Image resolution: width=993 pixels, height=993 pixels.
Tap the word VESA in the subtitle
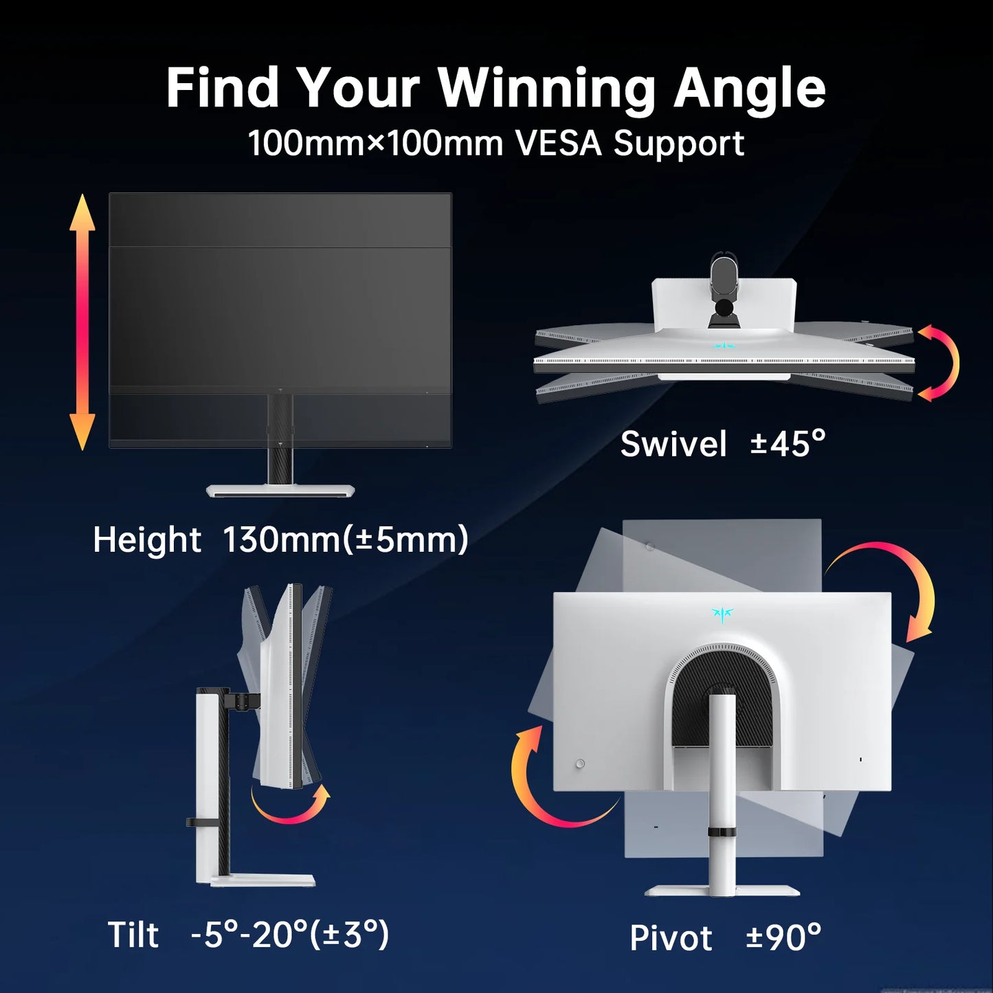pyautogui.click(x=558, y=143)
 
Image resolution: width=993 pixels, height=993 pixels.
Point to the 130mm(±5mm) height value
pyautogui.click(x=346, y=540)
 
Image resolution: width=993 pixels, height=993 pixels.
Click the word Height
pyautogui.click(x=147, y=540)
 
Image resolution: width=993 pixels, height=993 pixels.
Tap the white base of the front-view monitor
pyautogui.click(x=280, y=491)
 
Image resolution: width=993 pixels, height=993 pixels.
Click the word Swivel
pyautogui.click(x=673, y=444)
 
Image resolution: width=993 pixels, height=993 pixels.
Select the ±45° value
pyautogui.click(x=788, y=444)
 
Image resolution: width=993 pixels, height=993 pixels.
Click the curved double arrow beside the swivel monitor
pyautogui.click(x=951, y=363)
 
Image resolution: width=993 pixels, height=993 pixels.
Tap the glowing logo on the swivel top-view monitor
pyautogui.click(x=723, y=346)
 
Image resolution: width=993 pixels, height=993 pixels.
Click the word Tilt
pyautogui.click(x=133, y=935)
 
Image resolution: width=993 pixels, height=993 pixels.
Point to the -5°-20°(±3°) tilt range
pyautogui.click(x=290, y=935)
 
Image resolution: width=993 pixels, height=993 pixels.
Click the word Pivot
pyautogui.click(x=671, y=938)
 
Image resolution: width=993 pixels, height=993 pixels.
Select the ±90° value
pyautogui.click(x=784, y=937)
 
